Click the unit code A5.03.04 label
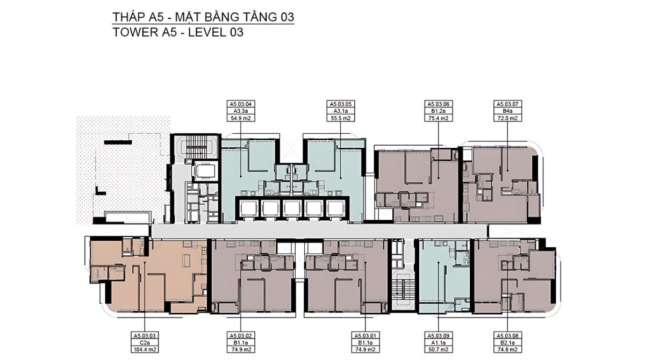pos(241,104)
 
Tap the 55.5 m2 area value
pos(341,118)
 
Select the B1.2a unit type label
pos(438,111)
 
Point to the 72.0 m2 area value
pos(507,118)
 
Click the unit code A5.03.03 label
pos(145,335)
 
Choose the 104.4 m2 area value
pos(145,350)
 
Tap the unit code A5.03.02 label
pos(241,335)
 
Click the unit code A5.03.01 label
pos(365,335)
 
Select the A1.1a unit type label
pos(438,343)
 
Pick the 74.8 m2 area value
pos(507,350)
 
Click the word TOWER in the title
pos(135,32)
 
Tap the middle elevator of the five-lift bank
pos(292,208)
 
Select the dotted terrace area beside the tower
pos(123,170)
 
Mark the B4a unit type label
pos(507,111)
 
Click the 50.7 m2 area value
pos(438,350)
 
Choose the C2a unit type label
pos(145,343)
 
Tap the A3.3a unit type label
pos(241,111)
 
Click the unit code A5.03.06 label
pos(438,104)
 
